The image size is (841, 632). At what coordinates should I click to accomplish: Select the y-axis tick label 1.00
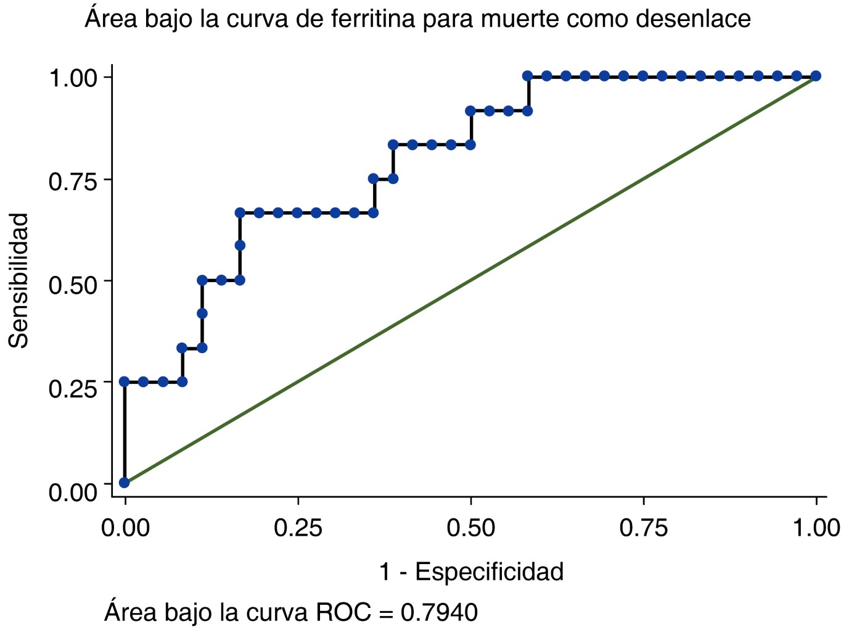[73, 78]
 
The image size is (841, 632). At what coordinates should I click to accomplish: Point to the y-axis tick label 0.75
[73, 182]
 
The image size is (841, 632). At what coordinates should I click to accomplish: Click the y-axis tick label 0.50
[73, 285]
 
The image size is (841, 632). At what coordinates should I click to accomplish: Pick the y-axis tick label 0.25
[73, 389]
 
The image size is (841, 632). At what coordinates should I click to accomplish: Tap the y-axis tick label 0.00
[73, 492]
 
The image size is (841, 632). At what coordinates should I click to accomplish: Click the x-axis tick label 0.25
[298, 528]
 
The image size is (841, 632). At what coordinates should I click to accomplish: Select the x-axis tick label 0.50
[470, 528]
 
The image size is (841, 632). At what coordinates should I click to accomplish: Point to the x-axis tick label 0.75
[644, 528]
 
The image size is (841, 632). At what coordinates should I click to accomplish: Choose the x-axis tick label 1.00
[815, 528]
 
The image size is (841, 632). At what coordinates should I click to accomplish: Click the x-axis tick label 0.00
[125, 528]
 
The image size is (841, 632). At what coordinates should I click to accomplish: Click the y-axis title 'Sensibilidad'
[19, 281]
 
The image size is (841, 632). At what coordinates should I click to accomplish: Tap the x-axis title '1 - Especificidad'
[471, 572]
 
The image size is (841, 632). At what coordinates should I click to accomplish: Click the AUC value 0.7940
[439, 612]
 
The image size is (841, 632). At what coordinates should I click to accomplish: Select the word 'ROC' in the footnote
[343, 612]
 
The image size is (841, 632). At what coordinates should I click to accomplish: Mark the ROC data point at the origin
[125, 482]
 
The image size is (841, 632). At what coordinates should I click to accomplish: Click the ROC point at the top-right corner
[816, 76]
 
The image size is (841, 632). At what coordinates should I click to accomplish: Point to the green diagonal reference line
[470, 280]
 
